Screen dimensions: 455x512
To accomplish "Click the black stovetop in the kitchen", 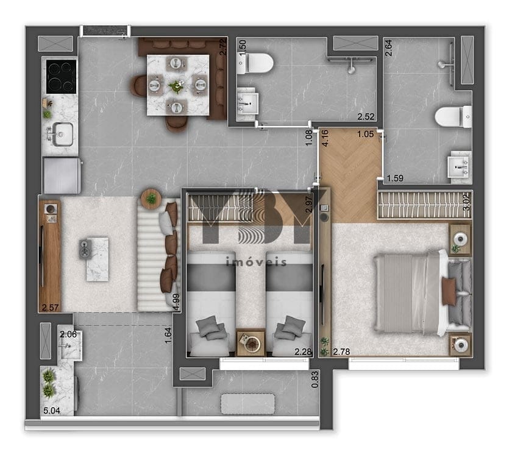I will pos(60,76).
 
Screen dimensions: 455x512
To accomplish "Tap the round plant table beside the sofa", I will pos(151,198).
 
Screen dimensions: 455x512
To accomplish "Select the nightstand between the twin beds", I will pos(250,342).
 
